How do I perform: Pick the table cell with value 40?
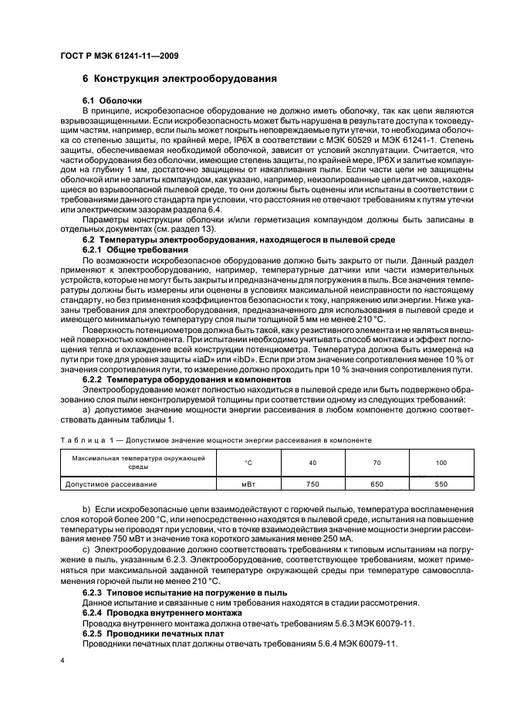click(x=312, y=462)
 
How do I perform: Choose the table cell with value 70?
click(x=376, y=462)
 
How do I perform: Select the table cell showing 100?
click(x=441, y=462)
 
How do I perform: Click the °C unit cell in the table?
click(x=248, y=462)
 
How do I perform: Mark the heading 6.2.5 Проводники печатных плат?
click(x=154, y=632)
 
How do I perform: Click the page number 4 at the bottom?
click(x=62, y=662)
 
